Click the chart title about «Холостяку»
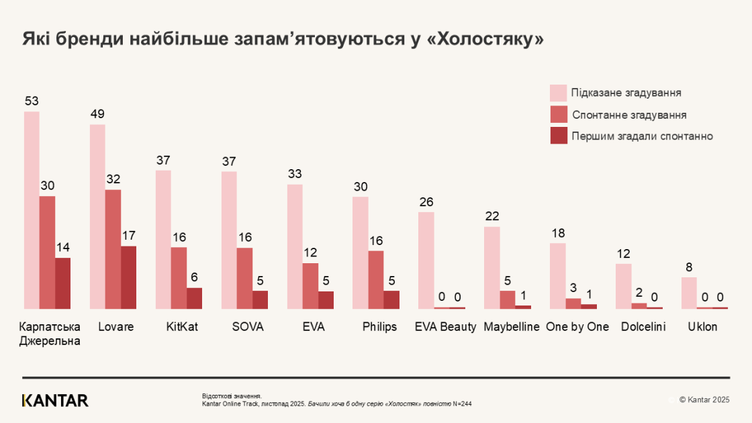(283, 39)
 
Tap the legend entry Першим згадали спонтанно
(642, 136)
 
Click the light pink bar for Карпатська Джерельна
(32, 209)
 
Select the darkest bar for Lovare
(128, 277)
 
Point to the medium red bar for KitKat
(179, 277)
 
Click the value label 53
(32, 101)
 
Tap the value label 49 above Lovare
(97, 114)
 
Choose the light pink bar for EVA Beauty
(426, 260)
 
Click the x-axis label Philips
(379, 327)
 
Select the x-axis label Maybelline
(512, 327)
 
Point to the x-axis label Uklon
(702, 327)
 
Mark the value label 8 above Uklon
(689, 267)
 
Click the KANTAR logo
(55, 401)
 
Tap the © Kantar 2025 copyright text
(704, 400)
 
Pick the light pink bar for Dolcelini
(623, 286)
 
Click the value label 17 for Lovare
(128, 236)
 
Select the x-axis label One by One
(577, 327)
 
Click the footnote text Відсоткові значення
(232, 396)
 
